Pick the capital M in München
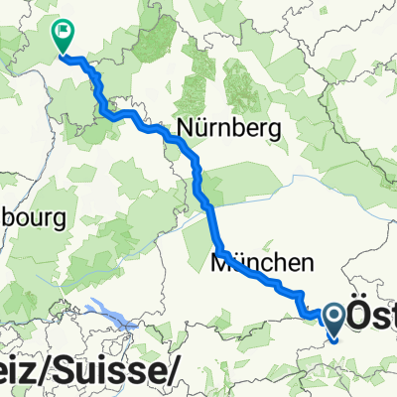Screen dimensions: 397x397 pyautogui.click(x=220, y=264)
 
